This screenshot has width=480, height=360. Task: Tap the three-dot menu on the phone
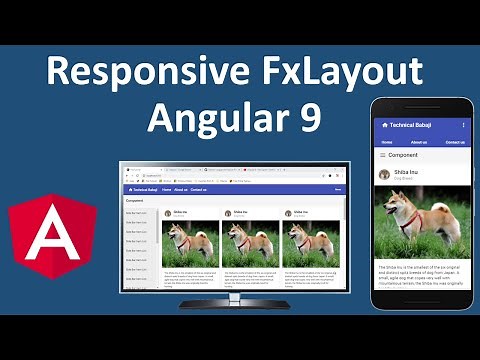coord(463,125)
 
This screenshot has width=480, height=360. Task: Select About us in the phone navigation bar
coord(418,142)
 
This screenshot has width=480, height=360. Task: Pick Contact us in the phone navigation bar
coord(456,142)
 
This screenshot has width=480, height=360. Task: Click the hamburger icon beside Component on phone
coord(382,156)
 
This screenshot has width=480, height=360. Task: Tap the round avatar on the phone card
coord(384,174)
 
